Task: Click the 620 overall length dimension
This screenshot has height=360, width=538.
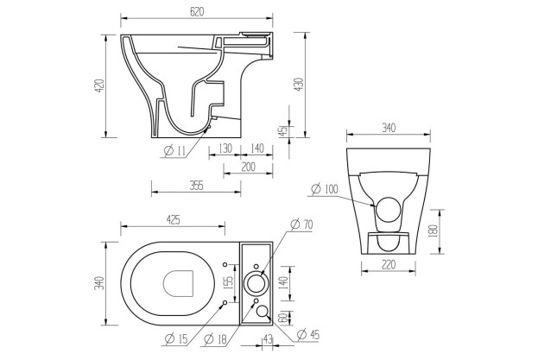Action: (x=195, y=12)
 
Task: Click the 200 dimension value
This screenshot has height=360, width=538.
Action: (x=249, y=167)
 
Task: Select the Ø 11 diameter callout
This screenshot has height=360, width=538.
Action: (x=174, y=152)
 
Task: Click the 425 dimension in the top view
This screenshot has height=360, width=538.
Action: (x=173, y=221)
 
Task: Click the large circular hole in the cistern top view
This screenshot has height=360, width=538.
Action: (x=257, y=281)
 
